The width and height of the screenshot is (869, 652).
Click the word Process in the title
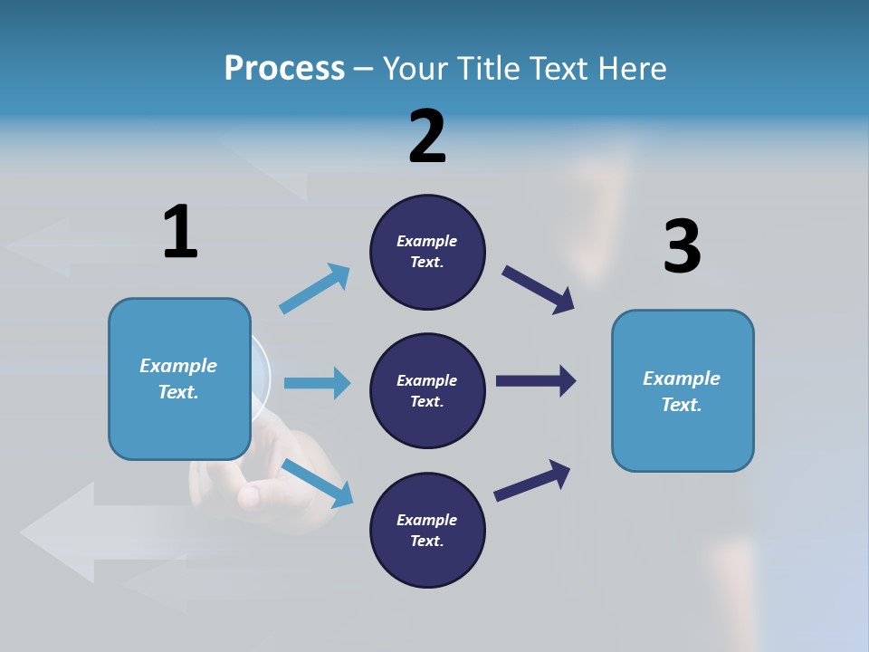tap(284, 69)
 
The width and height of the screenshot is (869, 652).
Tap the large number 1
tap(180, 232)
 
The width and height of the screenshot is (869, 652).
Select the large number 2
tap(427, 137)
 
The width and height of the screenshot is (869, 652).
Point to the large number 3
tap(682, 246)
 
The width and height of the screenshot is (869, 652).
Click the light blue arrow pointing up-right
tap(315, 289)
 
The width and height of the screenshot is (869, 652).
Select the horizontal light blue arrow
tap(317, 383)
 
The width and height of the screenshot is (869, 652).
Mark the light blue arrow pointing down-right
tap(318, 484)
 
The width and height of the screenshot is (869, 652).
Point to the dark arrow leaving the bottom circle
tap(532, 480)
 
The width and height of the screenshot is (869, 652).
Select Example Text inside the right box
tap(682, 391)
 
